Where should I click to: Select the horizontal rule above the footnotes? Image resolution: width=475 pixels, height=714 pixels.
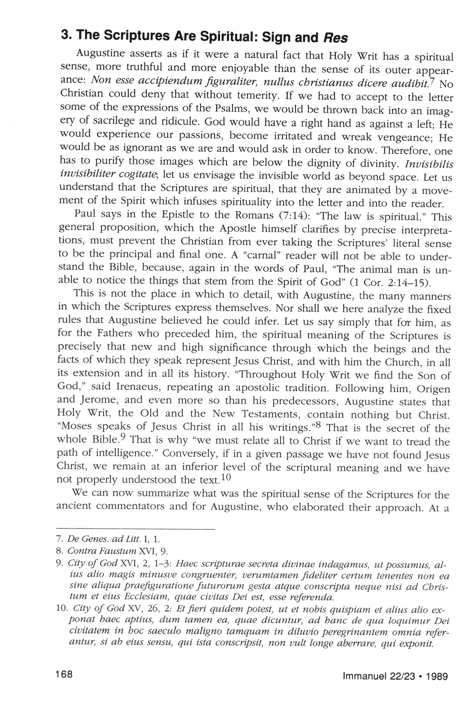tap(135, 529)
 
